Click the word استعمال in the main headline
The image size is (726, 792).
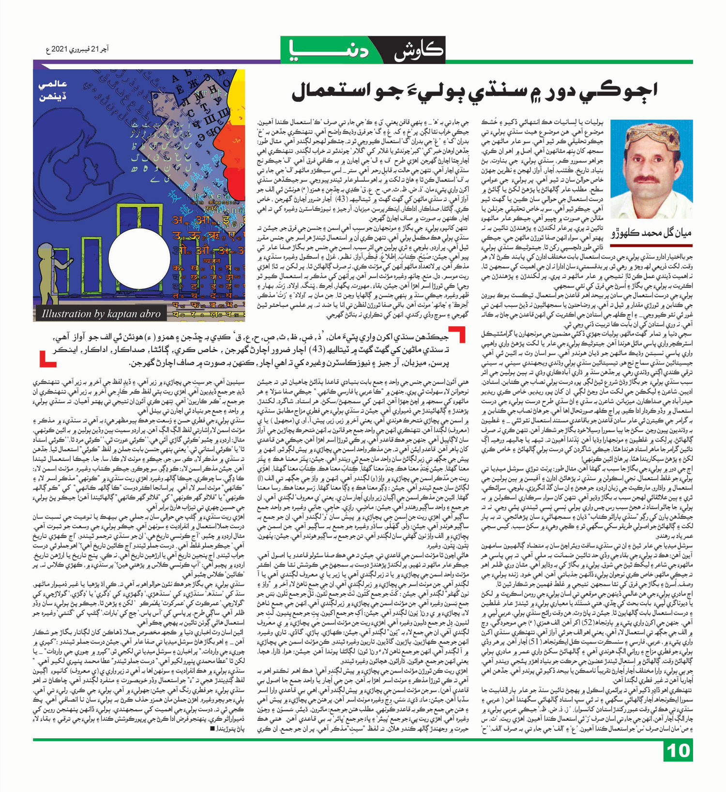coord(329,93)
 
